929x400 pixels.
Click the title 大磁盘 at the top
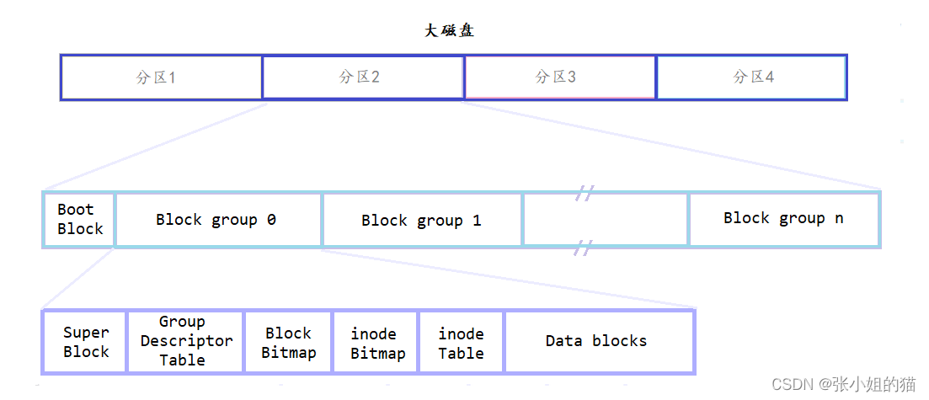(x=449, y=30)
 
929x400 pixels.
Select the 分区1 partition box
(x=161, y=77)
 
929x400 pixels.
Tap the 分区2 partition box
(x=362, y=77)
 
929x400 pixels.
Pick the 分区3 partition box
(x=559, y=77)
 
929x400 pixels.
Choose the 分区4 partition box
(x=751, y=77)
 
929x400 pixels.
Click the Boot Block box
(x=79, y=219)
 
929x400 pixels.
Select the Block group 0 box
(x=217, y=220)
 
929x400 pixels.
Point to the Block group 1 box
(x=421, y=221)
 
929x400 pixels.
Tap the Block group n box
(x=783, y=218)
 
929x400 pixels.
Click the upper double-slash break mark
(x=584, y=194)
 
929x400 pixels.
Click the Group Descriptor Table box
(x=185, y=341)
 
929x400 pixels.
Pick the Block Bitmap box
(x=288, y=343)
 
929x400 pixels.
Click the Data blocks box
(x=598, y=341)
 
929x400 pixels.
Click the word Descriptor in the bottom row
(x=186, y=341)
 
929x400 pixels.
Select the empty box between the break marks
(x=605, y=220)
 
